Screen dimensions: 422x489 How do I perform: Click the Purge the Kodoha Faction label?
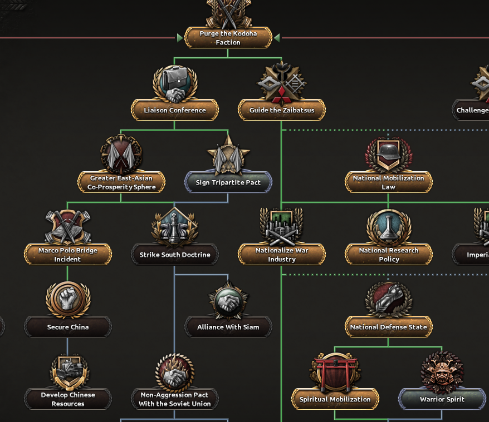[x=228, y=38]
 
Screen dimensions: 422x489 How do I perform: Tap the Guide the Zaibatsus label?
[x=282, y=110]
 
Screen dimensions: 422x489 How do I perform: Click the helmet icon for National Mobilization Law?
[x=389, y=153]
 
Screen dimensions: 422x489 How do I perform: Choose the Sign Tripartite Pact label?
[x=228, y=182]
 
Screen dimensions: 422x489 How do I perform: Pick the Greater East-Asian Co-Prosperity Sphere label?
[x=121, y=182]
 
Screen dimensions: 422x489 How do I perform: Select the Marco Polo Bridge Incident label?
[x=68, y=255]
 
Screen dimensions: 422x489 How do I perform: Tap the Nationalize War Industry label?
[x=282, y=255]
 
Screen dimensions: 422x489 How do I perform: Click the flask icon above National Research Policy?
[x=389, y=226]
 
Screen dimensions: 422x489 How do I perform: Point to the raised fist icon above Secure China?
[x=68, y=299]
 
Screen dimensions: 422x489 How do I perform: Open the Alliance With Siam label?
[x=228, y=327]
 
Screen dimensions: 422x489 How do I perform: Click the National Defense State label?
[x=389, y=327]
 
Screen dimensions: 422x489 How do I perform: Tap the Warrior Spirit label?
[x=442, y=399]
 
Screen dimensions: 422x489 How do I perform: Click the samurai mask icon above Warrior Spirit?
[x=442, y=371]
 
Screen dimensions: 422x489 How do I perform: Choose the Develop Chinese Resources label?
[x=68, y=399]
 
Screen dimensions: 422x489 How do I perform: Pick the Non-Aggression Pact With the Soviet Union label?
[x=175, y=399]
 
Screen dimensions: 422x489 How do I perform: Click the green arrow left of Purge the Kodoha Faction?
[x=180, y=38]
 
